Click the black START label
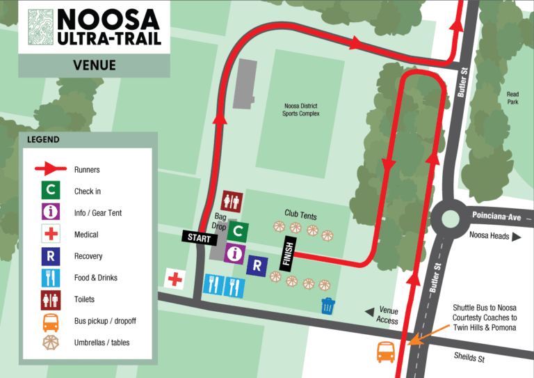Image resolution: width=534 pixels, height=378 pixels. [200, 237]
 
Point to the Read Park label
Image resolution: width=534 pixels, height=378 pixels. [512, 98]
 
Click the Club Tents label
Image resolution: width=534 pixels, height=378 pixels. [300, 214]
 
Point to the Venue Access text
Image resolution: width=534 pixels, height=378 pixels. [387, 315]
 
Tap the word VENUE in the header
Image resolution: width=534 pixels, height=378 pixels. [94, 66]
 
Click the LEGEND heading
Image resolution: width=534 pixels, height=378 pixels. [43, 139]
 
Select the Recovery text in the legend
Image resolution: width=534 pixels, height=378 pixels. [88, 256]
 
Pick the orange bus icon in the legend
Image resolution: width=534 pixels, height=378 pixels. [50, 321]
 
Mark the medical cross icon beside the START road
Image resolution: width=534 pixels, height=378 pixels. [174, 279]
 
